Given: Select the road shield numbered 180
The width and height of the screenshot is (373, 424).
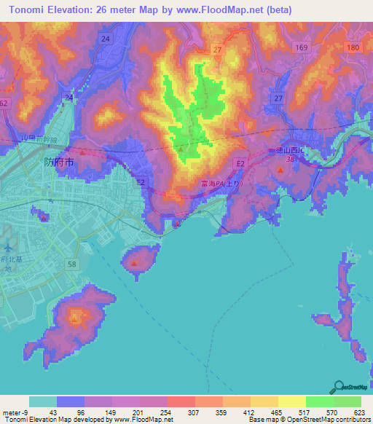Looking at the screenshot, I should tap(353, 47).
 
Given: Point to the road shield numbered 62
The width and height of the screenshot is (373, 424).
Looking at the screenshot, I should tap(3, 103).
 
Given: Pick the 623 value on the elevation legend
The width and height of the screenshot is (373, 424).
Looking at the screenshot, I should tap(361, 412).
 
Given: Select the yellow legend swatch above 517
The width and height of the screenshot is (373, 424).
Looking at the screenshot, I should tap(292, 401).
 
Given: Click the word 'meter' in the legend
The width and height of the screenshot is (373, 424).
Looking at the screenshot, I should tap(11, 412).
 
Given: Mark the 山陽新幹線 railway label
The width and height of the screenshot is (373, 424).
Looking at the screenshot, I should tap(54, 138).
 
